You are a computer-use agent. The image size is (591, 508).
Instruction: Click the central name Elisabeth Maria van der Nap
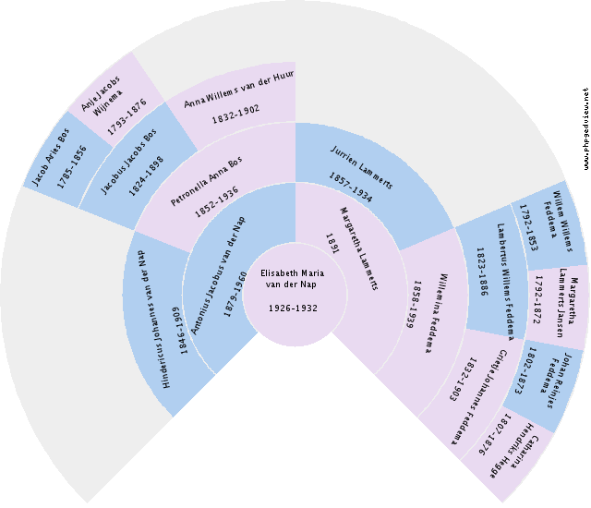point(293,278)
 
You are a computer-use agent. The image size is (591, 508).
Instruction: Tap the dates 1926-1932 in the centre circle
point(293,308)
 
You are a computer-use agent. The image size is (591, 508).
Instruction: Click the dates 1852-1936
point(217,200)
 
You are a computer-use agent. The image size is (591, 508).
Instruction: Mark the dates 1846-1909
point(184,329)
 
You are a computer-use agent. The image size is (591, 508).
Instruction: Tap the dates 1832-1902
point(235,115)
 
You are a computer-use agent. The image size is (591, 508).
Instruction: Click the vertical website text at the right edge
point(585,129)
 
